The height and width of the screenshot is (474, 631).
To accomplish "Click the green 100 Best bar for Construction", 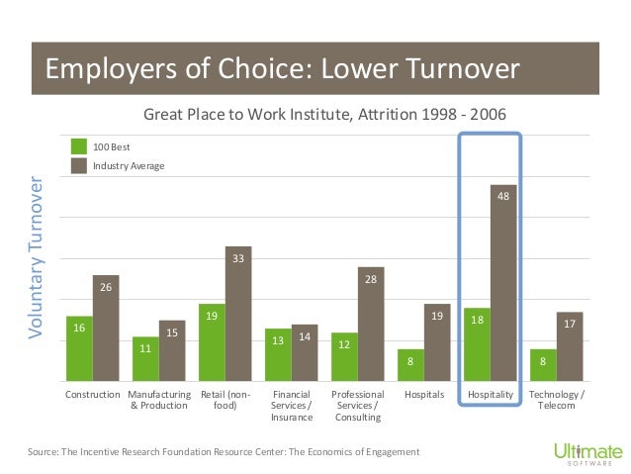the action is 80,348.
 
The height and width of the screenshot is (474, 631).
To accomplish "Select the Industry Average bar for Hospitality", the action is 503,283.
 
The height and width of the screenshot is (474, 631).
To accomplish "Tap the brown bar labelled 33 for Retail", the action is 238,314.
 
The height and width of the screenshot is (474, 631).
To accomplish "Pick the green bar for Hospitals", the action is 410,365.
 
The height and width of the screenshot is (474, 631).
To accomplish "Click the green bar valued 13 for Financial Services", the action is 278,355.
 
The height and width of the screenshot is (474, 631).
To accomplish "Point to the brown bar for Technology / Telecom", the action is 570,346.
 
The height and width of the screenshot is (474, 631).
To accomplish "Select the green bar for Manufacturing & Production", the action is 145,359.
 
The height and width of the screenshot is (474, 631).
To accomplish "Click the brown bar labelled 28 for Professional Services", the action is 371,324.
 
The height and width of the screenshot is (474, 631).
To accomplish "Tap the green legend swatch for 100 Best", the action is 79,146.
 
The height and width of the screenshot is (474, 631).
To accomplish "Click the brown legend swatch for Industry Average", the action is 79,165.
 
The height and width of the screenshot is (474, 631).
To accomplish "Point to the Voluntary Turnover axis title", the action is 36,257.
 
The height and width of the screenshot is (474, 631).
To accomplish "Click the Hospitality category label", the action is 491,394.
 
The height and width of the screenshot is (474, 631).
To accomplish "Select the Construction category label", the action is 93,394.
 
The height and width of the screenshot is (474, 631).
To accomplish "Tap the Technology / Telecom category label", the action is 557,400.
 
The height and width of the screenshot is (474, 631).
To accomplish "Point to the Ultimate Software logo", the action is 588,454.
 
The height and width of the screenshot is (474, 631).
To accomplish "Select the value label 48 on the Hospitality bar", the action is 503,196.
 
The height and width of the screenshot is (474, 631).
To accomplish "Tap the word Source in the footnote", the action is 43,452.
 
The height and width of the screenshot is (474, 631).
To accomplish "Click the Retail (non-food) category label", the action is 225,400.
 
